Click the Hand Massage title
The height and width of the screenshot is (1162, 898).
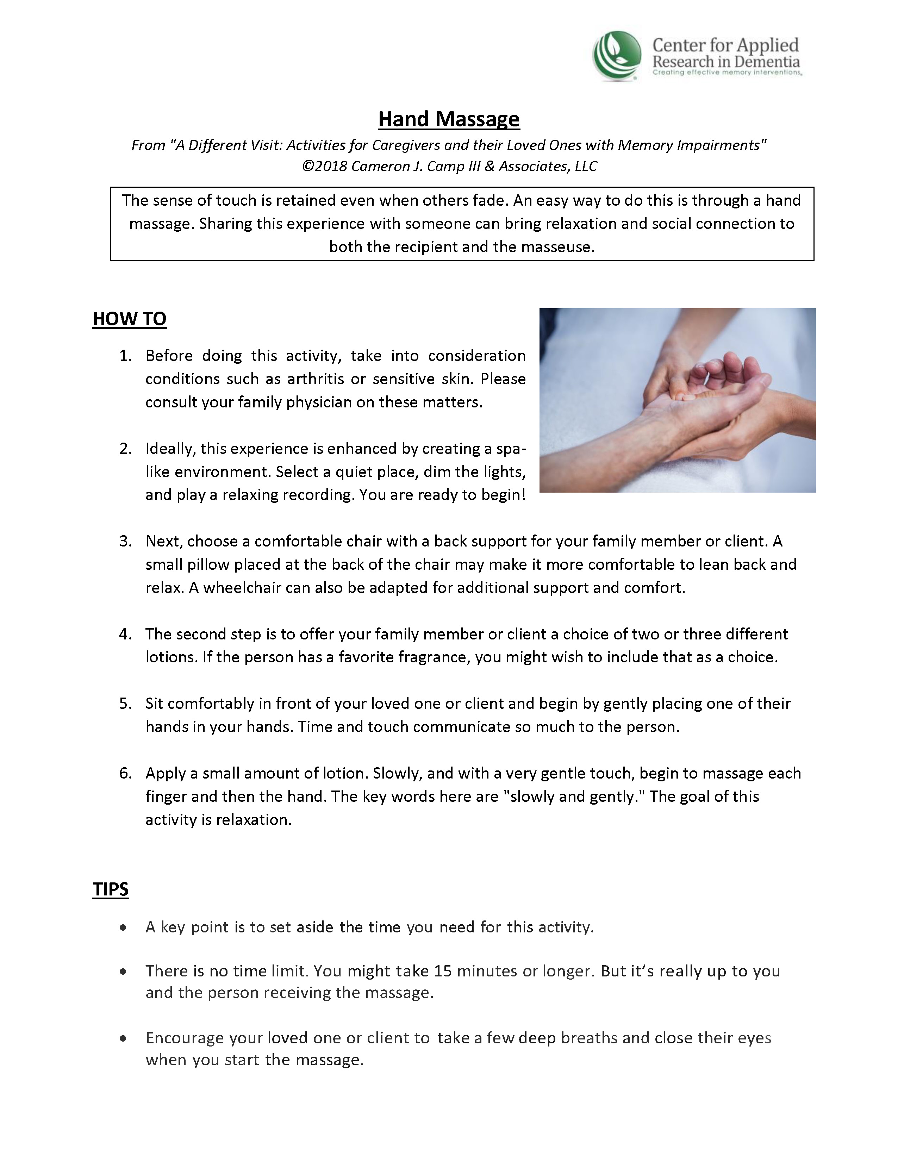coord(448,119)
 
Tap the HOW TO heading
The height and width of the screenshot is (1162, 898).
coord(129,319)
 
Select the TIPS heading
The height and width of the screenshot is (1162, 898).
coord(111,889)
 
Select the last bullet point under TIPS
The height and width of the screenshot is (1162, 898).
coord(123,1038)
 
